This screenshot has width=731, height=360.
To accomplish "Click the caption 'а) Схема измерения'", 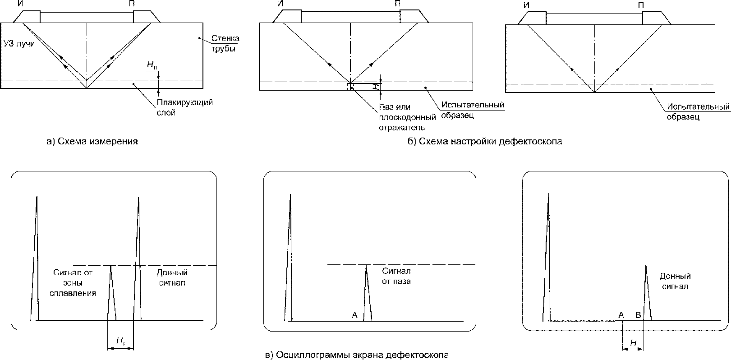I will pyautogui.click(x=92, y=141).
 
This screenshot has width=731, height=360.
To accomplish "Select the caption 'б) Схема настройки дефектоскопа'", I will pyautogui.click(x=485, y=141).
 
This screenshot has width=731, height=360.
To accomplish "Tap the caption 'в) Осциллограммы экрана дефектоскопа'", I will pyautogui.click(x=357, y=355).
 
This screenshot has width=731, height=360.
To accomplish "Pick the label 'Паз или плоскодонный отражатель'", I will pyautogui.click(x=407, y=117).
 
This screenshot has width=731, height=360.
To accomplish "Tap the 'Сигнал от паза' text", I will pyautogui.click(x=396, y=276).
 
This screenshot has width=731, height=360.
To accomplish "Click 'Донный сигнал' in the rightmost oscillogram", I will pyautogui.click(x=675, y=281).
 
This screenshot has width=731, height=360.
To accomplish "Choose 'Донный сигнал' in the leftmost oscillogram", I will pyautogui.click(x=172, y=277).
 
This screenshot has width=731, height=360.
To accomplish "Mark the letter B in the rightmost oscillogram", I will pyautogui.click(x=638, y=315).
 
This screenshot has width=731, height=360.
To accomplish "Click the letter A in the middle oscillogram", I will pyautogui.click(x=354, y=315).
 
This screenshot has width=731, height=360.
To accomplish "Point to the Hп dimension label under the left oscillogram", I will pyautogui.click(x=121, y=342).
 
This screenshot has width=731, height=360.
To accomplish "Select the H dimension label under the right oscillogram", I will pyautogui.click(x=633, y=343).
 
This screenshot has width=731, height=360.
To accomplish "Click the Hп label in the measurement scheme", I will pyautogui.click(x=152, y=65).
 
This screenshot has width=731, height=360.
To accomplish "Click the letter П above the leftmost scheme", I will pyautogui.click(x=136, y=4).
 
